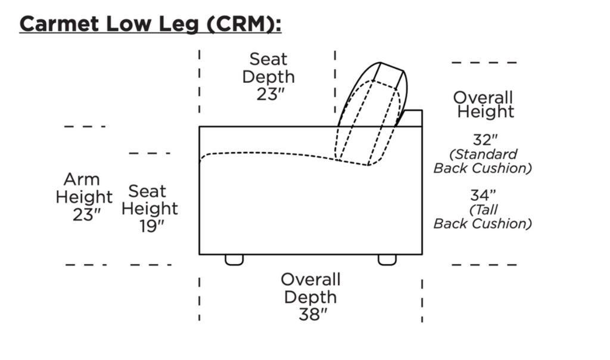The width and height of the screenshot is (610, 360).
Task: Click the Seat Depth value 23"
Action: [270, 94]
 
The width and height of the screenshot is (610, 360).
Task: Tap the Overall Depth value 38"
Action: [313, 314]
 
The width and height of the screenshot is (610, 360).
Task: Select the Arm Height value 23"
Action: [86, 215]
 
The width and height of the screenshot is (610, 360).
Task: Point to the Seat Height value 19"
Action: [152, 226]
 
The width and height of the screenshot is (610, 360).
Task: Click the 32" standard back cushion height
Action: [485, 139]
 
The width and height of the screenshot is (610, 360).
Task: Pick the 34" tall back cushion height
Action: [483, 195]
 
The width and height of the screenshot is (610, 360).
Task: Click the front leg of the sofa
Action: [234, 260]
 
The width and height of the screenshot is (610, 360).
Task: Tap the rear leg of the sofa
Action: [387, 260]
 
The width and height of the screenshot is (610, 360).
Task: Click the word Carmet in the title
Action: [60, 24]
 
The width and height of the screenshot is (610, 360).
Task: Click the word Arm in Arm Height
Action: [82, 179]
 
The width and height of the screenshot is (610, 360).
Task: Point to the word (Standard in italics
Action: [483, 154]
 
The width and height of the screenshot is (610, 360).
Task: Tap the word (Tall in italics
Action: [483, 210]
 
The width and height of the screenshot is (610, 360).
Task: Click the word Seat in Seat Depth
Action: [268, 59]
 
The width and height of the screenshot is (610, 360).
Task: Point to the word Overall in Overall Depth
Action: [310, 280]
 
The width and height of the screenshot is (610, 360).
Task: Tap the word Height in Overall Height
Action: [485, 111]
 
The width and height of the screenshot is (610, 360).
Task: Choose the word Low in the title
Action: [129, 24]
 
